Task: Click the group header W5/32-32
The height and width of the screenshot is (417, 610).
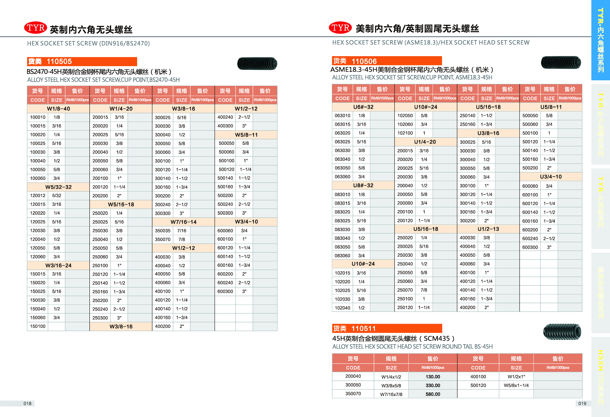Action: pyautogui.click(x=58, y=187)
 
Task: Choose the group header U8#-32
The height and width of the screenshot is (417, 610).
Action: pyautogui.click(x=363, y=185)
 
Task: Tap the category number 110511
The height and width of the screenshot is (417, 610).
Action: pyautogui.click(x=364, y=329)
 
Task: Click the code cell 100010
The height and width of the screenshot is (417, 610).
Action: pyautogui.click(x=37, y=117)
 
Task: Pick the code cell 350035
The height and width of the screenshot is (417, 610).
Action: pyautogui.click(x=162, y=231)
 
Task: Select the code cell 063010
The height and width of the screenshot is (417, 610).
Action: pyautogui.click(x=342, y=116)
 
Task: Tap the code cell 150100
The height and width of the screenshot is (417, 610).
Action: pyautogui.click(x=37, y=326)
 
